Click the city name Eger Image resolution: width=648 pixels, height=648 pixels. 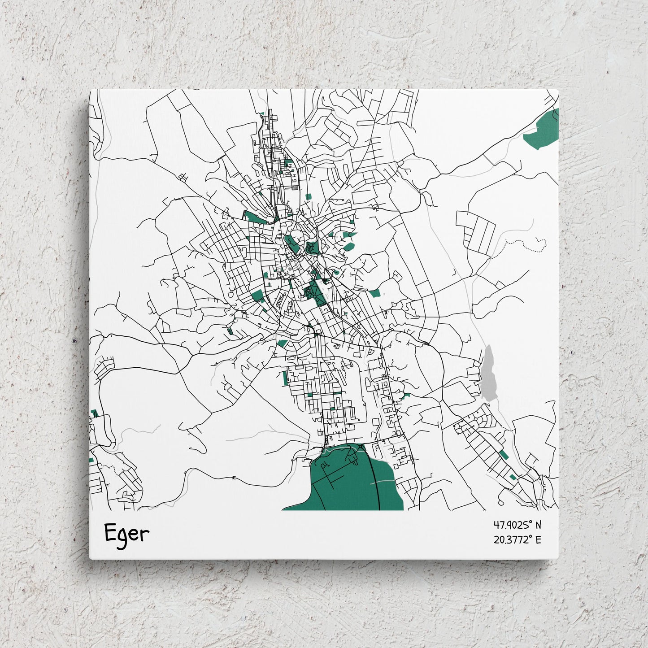point(126,534)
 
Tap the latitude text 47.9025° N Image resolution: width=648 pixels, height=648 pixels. point(517,525)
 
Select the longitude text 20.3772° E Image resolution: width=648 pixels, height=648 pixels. point(517,539)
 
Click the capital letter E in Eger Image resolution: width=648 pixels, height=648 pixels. point(110,532)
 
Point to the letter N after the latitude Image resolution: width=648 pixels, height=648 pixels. point(538,525)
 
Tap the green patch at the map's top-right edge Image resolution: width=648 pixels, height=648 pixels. point(544,130)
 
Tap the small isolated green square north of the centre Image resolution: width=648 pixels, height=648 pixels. point(308,196)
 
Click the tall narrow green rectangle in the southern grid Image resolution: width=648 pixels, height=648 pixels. point(284,378)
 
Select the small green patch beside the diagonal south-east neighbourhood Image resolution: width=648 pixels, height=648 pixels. point(503,455)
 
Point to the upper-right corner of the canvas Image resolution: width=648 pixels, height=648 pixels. point(557,90)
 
